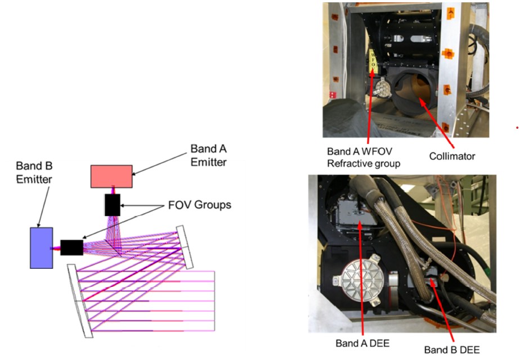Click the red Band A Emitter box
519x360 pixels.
click(111, 176)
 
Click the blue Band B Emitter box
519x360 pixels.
click(42, 247)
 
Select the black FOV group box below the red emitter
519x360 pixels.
click(112, 205)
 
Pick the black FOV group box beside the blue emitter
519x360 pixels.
click(71, 247)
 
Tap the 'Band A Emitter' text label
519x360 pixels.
click(208, 155)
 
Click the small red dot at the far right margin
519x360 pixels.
click(516, 128)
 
